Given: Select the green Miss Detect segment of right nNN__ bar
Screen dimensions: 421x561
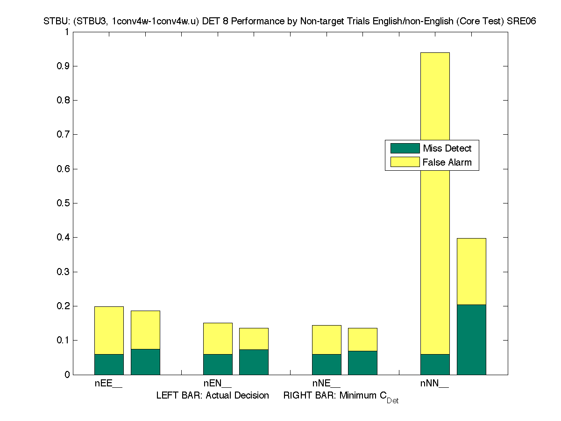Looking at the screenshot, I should coord(471,340).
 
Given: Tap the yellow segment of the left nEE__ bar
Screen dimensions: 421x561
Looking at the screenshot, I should coord(109,330).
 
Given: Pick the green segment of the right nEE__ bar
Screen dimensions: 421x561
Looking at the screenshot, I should coord(145,362).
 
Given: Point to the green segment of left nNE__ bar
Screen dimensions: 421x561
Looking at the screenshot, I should coord(327,364).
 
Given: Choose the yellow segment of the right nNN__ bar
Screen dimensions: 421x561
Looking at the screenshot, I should coord(471,271).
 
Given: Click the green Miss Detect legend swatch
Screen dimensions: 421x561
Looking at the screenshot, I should coord(405,148).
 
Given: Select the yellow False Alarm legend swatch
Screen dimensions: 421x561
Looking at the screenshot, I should coord(405,162).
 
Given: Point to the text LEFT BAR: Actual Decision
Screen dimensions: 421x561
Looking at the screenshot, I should coord(213,395).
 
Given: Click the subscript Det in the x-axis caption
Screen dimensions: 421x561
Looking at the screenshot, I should coord(392,401).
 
